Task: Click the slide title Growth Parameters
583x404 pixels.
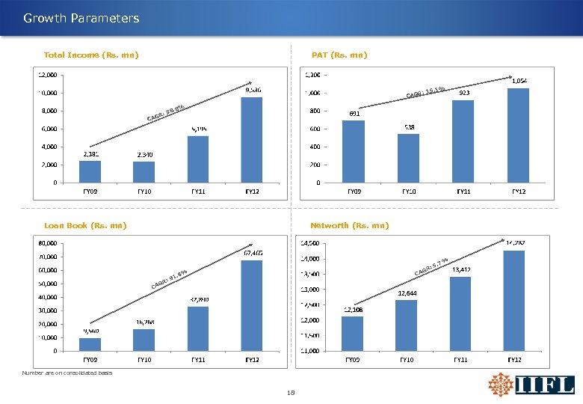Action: click(81, 18)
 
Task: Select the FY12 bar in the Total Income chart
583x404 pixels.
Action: click(253, 139)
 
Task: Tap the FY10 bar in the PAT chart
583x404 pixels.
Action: click(408, 158)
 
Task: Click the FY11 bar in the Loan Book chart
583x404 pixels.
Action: click(197, 328)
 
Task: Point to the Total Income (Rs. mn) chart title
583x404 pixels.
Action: click(91, 55)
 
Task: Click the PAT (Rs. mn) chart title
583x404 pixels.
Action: click(339, 55)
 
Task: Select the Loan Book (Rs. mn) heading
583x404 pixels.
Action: click(85, 225)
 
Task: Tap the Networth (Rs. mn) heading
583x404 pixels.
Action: click(349, 225)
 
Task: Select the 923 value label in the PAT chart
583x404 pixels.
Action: click(463, 94)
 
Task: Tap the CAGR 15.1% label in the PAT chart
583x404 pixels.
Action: click(426, 93)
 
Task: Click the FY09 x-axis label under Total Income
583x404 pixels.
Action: click(90, 191)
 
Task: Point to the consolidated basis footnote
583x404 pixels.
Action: click(67, 373)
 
